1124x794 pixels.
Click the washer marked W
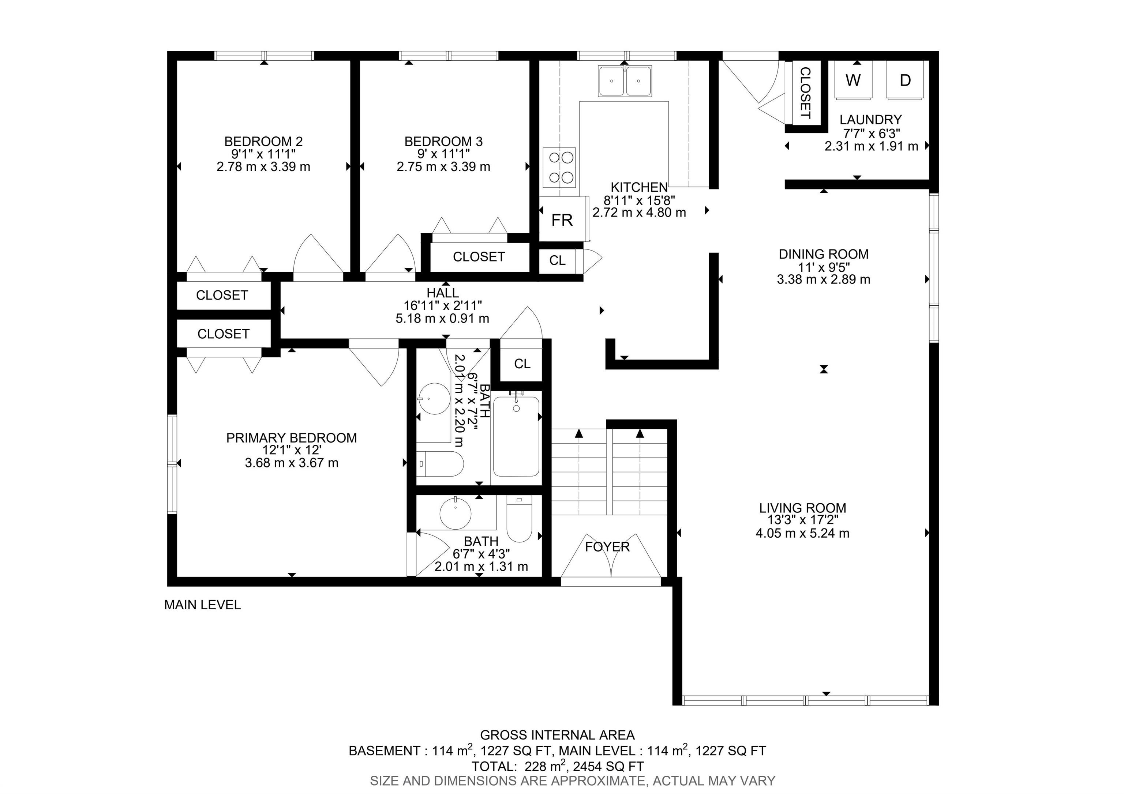point(853,80)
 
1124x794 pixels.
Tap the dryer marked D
point(905,80)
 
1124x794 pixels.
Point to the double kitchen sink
point(625,81)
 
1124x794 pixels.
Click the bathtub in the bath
point(516,436)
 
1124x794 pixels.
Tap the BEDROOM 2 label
point(263,142)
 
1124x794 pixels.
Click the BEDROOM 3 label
point(443,142)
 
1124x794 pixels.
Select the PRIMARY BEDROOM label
point(291,438)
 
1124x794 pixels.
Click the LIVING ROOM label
point(802,508)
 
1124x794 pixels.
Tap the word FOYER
point(607,546)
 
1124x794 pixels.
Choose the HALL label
point(443,293)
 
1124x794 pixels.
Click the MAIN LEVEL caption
point(202,605)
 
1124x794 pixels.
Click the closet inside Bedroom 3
point(479,257)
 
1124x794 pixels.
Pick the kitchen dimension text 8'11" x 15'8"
point(639,200)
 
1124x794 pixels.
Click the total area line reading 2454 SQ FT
point(558,766)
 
